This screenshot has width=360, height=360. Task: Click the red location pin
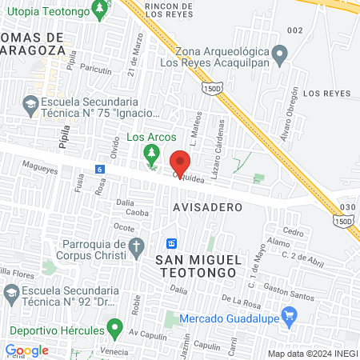(180, 162)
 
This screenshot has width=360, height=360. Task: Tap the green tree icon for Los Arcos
(150, 152)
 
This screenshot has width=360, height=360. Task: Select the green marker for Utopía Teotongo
(99, 11)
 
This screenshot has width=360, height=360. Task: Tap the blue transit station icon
(171, 242)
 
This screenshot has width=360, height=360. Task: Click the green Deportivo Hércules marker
(115, 328)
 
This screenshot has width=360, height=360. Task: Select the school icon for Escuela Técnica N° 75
(30, 104)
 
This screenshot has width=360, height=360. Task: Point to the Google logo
(26, 350)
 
